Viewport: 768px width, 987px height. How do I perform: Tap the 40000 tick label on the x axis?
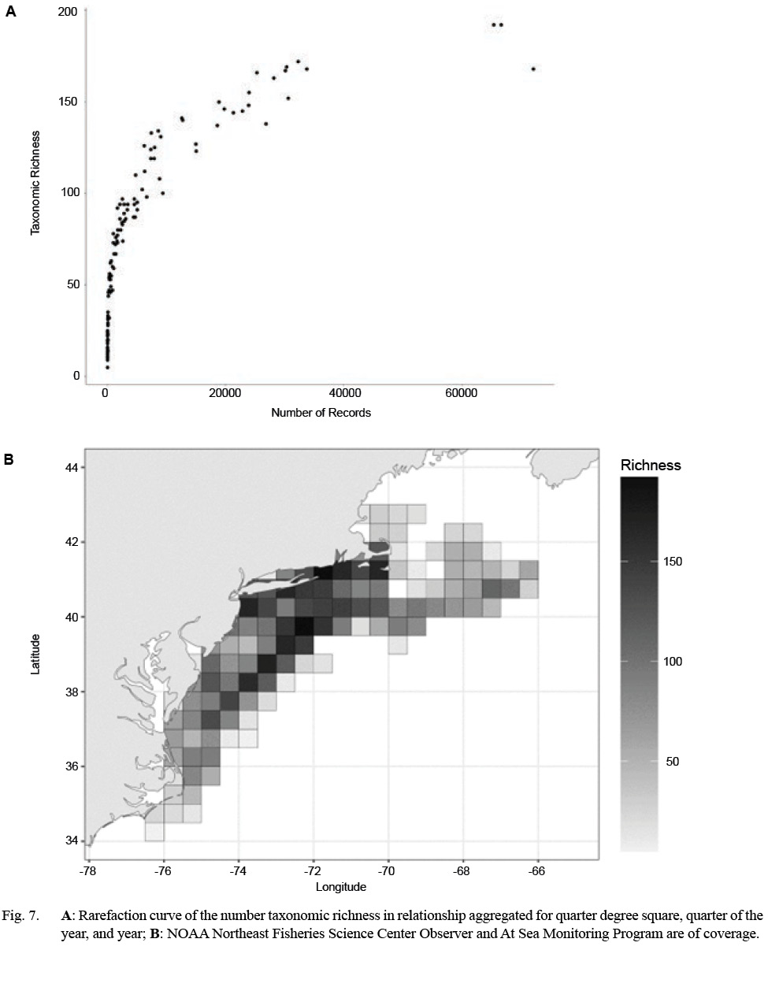tap(344, 394)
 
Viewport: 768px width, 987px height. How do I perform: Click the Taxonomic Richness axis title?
tap(35, 183)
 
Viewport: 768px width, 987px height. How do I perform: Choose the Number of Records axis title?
tap(321, 413)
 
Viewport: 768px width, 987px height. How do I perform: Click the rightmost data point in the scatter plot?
tap(533, 69)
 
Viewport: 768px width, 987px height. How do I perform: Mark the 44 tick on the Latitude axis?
tap(71, 468)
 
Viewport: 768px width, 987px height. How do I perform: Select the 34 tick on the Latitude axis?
tap(71, 840)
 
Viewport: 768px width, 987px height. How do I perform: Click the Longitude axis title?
tap(340, 887)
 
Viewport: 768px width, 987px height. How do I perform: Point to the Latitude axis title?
tap(35, 654)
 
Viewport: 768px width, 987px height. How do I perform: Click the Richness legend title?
tap(650, 465)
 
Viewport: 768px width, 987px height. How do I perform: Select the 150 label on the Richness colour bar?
tap(672, 562)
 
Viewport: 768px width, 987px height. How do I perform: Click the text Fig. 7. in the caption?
tap(21, 915)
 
